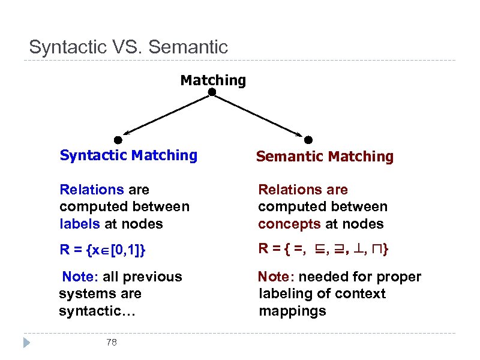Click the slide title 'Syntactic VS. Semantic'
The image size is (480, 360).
(128, 47)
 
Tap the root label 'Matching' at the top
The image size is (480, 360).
(213, 80)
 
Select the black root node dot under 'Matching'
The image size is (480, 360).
(212, 92)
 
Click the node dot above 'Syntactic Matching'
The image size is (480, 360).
(118, 140)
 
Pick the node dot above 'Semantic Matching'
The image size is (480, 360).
(308, 140)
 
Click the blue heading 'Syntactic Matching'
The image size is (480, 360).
(128, 155)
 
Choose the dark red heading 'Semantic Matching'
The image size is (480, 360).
(325, 157)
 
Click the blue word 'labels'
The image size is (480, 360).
(77, 224)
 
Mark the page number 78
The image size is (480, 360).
(111, 343)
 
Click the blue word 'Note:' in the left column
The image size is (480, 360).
(80, 277)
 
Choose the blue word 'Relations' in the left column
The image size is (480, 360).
(91, 190)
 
